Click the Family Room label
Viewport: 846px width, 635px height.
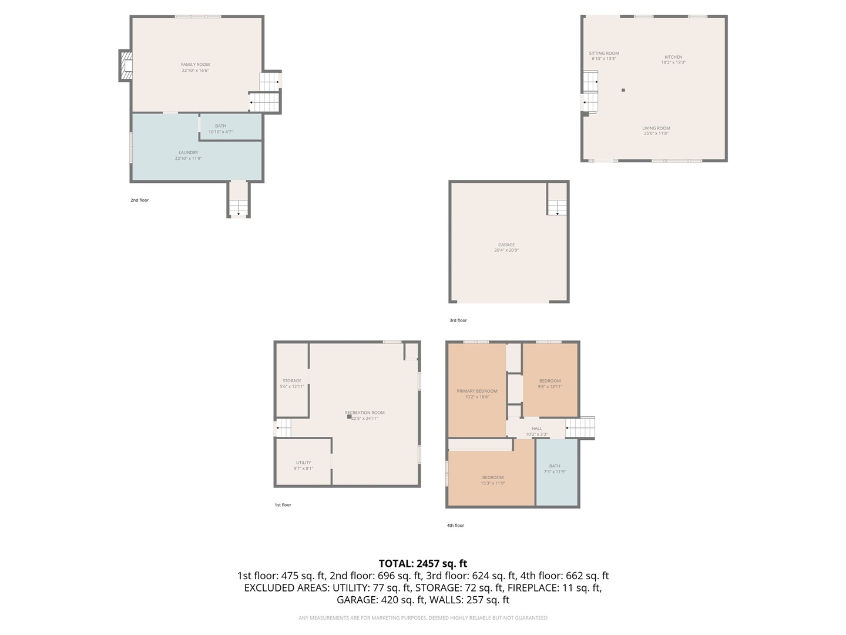point(195,65)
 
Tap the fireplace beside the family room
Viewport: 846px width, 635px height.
point(126,66)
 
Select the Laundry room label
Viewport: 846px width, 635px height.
point(188,153)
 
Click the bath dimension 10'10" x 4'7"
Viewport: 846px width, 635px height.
point(220,132)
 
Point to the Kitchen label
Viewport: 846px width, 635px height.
point(673,57)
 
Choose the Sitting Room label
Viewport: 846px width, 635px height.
point(603,54)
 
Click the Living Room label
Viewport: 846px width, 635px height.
point(656,128)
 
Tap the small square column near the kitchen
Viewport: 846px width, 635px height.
point(623,90)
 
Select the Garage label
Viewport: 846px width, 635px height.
point(506,245)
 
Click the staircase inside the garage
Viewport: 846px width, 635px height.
point(557,208)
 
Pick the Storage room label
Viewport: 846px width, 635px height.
point(291,381)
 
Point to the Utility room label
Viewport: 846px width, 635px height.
point(303,463)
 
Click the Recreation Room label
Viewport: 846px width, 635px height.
point(364,413)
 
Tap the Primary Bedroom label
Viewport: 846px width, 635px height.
point(477,391)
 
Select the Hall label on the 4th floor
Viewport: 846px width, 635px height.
point(536,429)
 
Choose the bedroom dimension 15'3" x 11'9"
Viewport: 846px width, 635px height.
point(493,483)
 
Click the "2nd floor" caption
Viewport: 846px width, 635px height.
point(140,200)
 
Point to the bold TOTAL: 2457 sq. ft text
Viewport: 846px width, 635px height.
point(423,563)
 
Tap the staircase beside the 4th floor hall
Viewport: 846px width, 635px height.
point(580,427)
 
